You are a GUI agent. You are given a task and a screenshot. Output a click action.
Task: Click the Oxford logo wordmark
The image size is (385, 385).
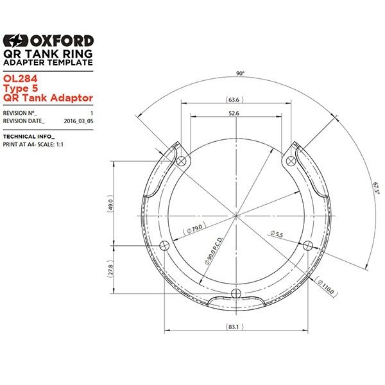(x=49, y=40)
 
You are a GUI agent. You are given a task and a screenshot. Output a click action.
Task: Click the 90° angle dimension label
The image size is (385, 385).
(x=239, y=74)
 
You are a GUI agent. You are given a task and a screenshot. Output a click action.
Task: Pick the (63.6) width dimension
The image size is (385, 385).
(x=234, y=100)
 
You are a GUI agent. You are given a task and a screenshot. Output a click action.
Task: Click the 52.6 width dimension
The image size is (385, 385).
(x=234, y=114)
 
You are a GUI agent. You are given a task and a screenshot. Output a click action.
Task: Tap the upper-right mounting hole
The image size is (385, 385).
(x=291, y=159)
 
